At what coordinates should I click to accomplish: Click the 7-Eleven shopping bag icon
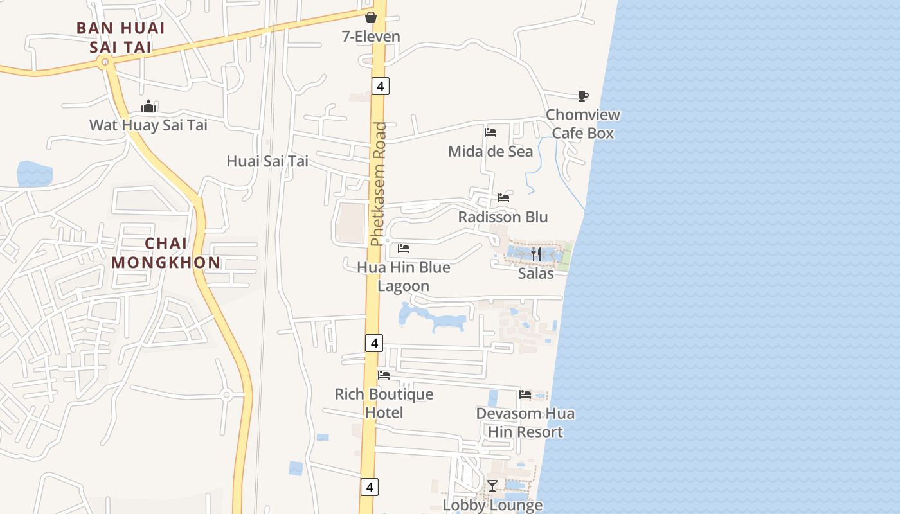click(x=371, y=17)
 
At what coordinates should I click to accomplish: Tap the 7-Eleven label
click(x=371, y=37)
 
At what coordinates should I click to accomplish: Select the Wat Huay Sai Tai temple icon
click(x=149, y=106)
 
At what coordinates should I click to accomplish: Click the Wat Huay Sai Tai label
click(x=148, y=125)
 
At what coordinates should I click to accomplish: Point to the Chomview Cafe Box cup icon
click(x=582, y=96)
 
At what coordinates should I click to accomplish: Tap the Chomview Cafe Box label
click(x=583, y=124)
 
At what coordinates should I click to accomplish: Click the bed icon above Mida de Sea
click(x=491, y=133)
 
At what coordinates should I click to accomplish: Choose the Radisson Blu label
click(x=503, y=217)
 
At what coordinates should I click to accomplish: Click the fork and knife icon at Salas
click(x=535, y=254)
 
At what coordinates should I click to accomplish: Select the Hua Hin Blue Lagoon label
click(x=404, y=276)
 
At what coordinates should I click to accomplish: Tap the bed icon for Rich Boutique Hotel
click(x=384, y=375)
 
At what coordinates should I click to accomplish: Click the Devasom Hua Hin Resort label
click(x=525, y=422)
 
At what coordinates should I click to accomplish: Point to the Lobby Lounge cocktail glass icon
click(x=492, y=486)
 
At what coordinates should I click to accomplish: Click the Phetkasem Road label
click(x=379, y=184)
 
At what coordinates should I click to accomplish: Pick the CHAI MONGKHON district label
click(x=166, y=253)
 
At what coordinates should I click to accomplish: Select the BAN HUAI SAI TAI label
click(x=121, y=37)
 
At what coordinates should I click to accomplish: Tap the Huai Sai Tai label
click(x=267, y=161)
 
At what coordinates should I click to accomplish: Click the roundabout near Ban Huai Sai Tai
click(x=104, y=62)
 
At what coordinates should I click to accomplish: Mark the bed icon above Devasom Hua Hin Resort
click(x=525, y=394)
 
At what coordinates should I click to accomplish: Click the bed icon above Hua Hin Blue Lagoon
click(x=404, y=249)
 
